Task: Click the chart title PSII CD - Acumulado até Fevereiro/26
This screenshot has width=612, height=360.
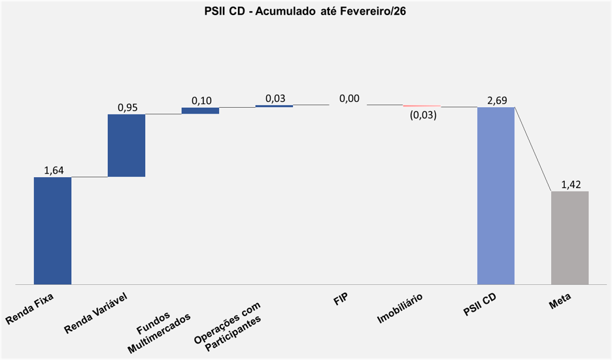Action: [305, 11]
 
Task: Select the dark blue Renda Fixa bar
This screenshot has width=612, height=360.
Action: [52, 231]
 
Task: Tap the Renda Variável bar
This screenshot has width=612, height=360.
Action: [126, 145]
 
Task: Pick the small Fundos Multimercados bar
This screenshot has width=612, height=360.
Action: [200, 110]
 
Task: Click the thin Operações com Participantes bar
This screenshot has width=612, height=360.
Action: [274, 106]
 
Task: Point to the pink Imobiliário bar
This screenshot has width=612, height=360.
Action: [422, 106]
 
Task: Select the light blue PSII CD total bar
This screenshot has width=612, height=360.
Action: [496, 195]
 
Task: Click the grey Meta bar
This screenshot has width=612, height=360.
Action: [569, 238]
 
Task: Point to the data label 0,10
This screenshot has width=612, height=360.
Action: [201, 101]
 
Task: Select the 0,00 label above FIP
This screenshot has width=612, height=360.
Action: [349, 99]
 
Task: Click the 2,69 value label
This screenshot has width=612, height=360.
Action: [497, 100]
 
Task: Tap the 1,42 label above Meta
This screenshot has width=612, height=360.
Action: [570, 184]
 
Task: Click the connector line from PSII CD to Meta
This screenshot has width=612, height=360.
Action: [533, 149]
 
